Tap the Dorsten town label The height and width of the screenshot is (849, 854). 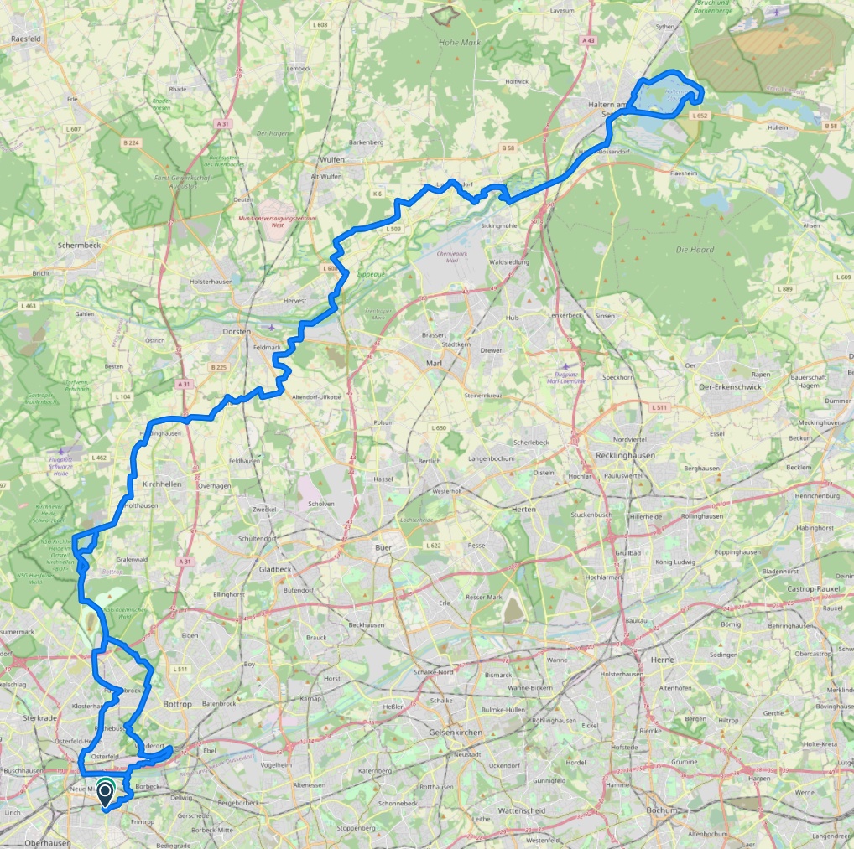pos(237,331)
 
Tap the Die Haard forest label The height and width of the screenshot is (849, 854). pos(693,250)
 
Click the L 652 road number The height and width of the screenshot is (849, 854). pos(700,116)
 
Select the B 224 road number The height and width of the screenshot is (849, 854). pos(131,142)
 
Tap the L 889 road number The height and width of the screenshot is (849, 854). pos(785,289)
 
